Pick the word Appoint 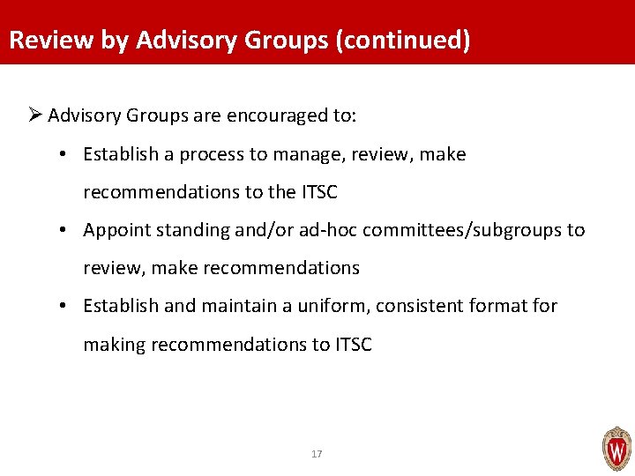115,230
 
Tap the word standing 185,230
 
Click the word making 114,345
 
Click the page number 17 317,454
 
